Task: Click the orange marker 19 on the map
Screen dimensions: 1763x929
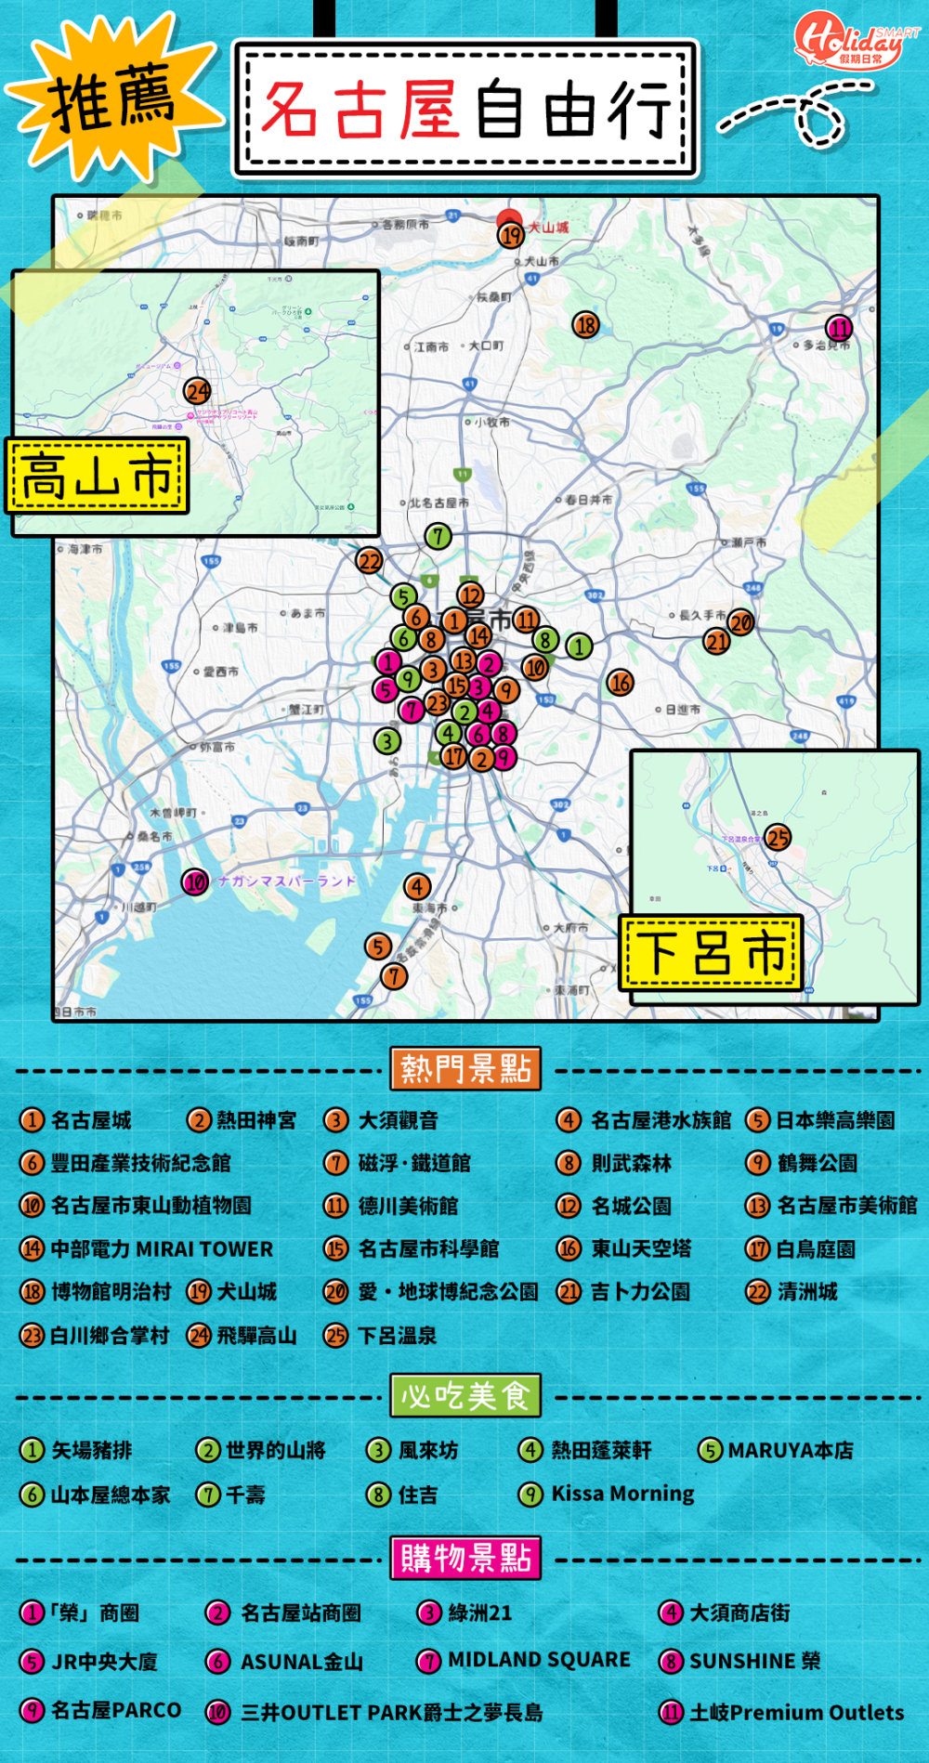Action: coord(512,235)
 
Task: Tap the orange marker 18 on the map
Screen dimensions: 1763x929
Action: coord(585,325)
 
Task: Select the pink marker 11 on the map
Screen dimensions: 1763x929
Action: coord(839,328)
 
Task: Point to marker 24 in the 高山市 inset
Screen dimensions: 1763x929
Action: coord(197,392)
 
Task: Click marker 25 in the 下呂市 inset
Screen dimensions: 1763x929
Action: coord(778,838)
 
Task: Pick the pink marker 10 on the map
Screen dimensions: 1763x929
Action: coord(195,881)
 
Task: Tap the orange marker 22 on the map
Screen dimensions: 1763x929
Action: coord(370,561)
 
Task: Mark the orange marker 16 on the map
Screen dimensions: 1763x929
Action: coord(620,683)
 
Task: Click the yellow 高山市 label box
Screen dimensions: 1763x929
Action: coord(98,476)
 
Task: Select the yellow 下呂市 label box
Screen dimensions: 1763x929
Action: coord(712,952)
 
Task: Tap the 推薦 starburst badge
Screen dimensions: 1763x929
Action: coord(111,98)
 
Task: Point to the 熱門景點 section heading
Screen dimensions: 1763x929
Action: coord(465,1069)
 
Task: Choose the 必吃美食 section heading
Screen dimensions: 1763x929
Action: coord(465,1395)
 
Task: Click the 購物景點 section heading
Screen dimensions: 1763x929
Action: coord(465,1558)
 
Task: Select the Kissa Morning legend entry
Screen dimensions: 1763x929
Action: coord(609,1494)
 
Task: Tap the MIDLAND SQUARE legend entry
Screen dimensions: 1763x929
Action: coord(525,1660)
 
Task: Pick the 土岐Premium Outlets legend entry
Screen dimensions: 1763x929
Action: coord(783,1712)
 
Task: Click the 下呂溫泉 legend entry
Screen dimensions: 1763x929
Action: coord(381,1336)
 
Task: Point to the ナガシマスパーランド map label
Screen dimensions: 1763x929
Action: coord(287,881)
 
